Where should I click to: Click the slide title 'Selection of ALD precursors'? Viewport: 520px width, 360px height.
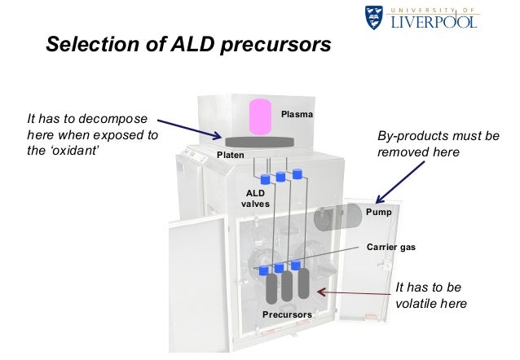pyautogui.click(x=188, y=43)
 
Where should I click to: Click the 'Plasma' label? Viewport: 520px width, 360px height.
pyautogui.click(x=296, y=116)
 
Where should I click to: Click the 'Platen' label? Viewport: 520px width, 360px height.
pyautogui.click(x=229, y=154)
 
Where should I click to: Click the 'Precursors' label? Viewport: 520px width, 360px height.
pyautogui.click(x=287, y=314)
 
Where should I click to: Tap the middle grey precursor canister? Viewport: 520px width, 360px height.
pyautogui.click(x=287, y=288)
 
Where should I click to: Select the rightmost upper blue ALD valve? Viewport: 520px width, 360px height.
pyautogui.click(x=297, y=173)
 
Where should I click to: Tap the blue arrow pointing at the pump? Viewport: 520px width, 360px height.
pyautogui.click(x=400, y=179)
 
